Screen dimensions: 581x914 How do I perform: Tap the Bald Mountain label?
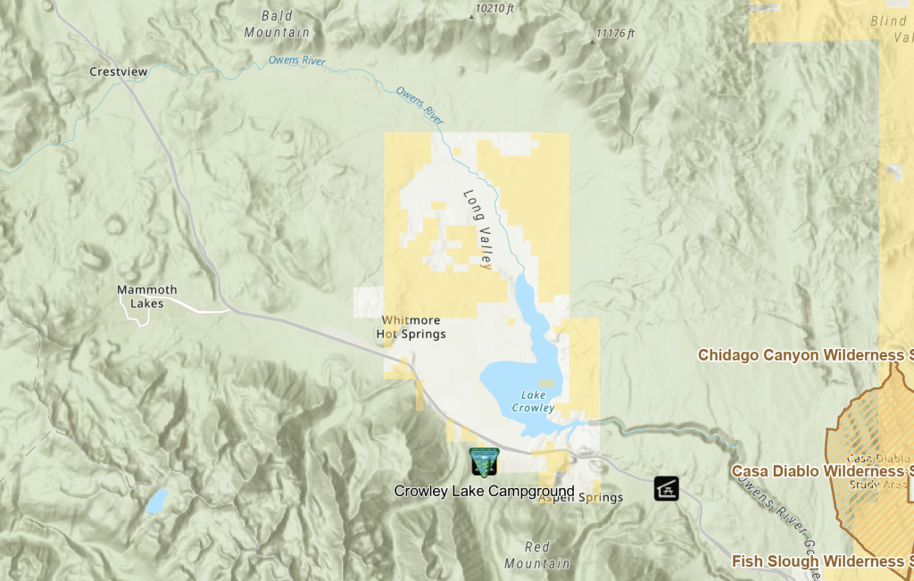(x=277, y=24)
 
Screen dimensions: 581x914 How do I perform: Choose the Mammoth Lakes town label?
(x=147, y=296)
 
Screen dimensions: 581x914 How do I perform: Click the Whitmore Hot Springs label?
(x=411, y=327)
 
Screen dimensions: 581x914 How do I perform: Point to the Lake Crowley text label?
(x=533, y=402)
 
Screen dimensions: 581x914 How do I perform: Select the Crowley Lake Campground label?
(x=484, y=491)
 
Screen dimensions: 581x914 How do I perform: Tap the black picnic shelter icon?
(x=666, y=488)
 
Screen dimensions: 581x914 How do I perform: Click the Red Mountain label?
(x=536, y=555)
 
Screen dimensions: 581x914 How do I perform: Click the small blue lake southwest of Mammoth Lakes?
(x=156, y=501)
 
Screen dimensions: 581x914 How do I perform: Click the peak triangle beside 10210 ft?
(x=472, y=15)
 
